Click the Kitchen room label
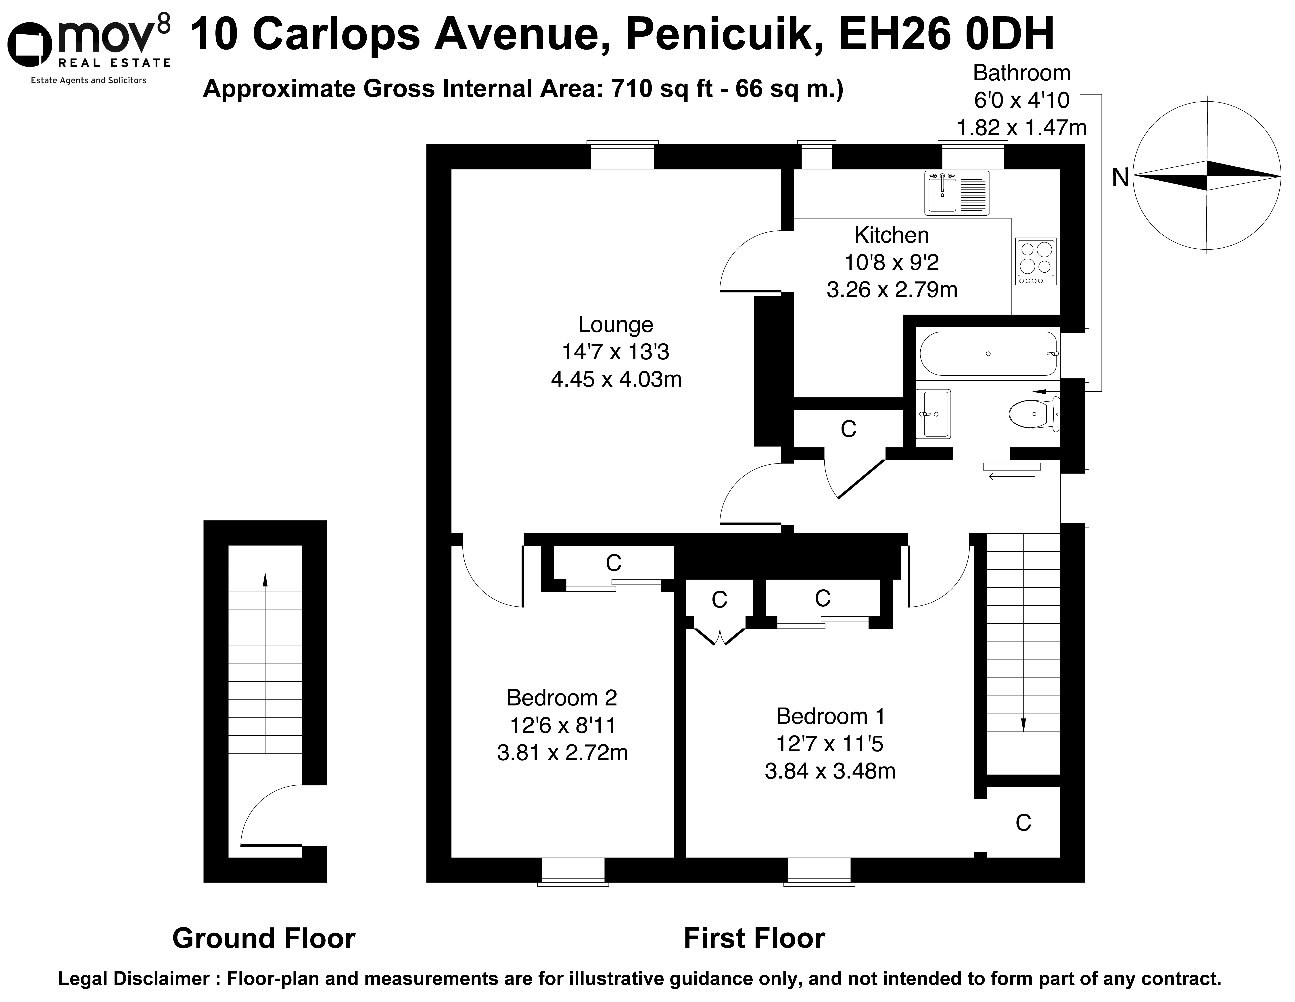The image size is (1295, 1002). tap(891, 235)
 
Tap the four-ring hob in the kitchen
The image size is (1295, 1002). tap(1035, 261)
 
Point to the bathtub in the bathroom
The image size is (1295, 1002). tap(988, 353)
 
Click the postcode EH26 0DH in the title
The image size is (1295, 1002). tap(947, 34)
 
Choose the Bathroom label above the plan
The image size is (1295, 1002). tap(1022, 73)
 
